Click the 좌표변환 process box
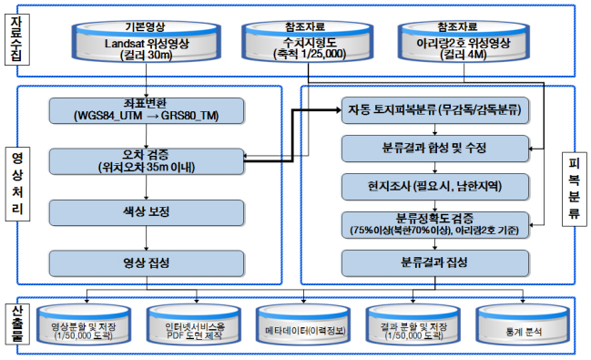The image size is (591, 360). [x=147, y=111]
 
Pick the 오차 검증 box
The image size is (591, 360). [x=147, y=161]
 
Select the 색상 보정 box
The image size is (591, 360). [x=147, y=212]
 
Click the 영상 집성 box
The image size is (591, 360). [x=147, y=263]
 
